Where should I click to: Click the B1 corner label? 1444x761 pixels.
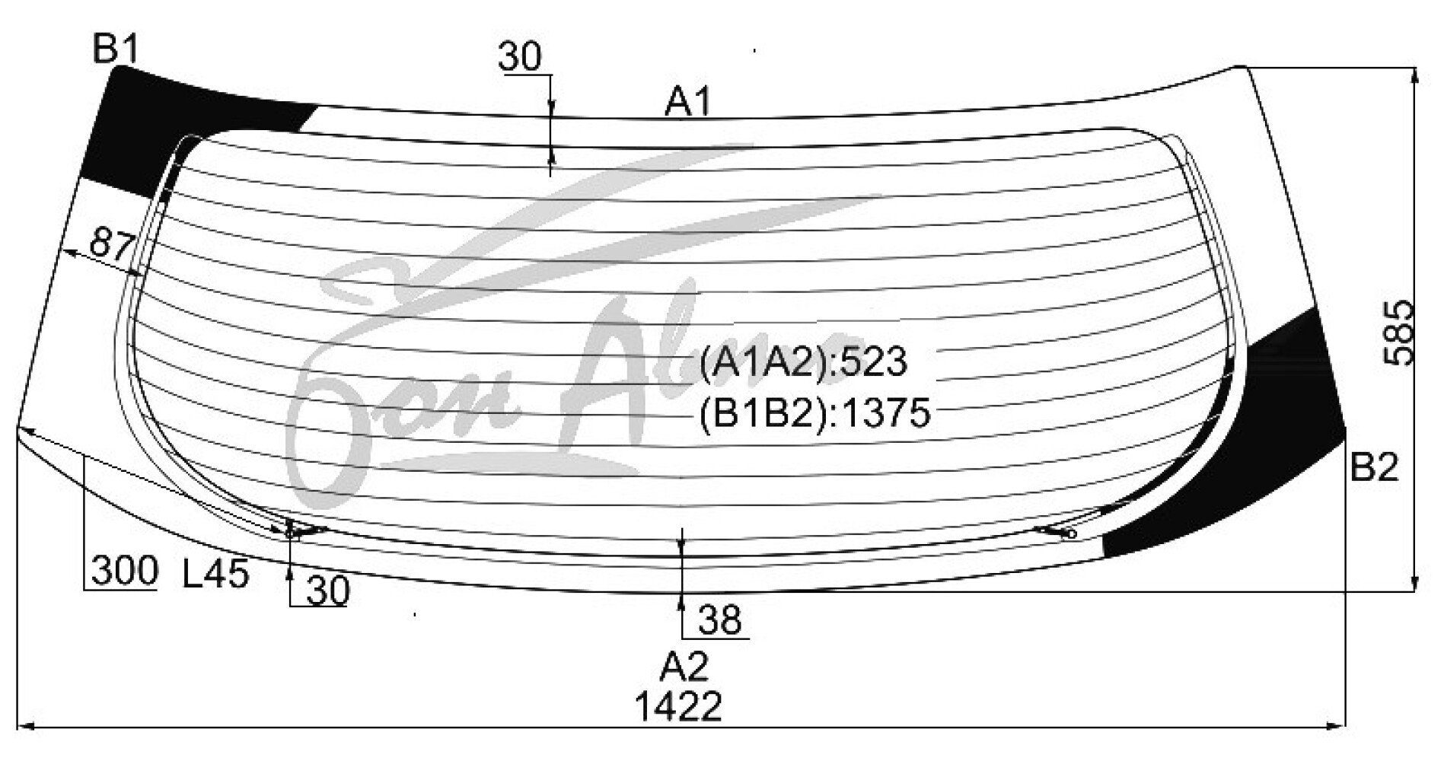point(116,51)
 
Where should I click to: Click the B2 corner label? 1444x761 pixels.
point(1375,469)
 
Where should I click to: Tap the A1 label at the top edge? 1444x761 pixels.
point(688,102)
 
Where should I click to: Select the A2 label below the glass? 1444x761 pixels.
point(684,667)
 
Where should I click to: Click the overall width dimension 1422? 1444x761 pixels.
point(679,708)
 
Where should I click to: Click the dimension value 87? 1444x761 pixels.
point(113,244)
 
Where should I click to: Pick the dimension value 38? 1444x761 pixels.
point(719,621)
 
